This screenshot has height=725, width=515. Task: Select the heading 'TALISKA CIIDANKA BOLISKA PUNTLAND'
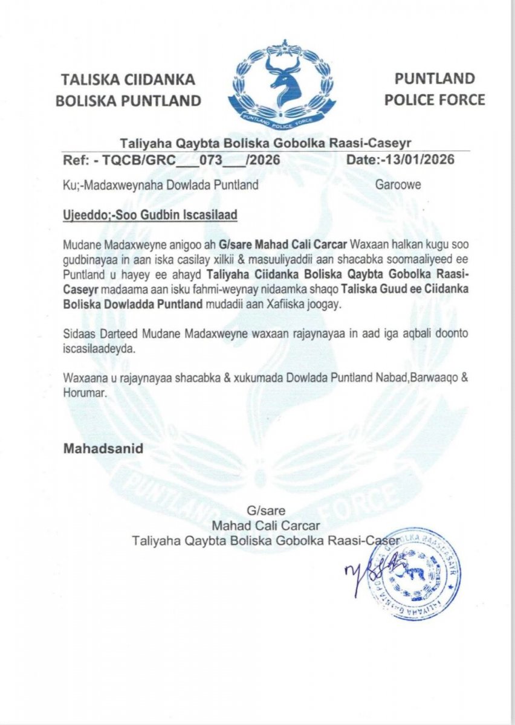(128, 89)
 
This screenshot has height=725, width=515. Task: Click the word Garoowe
(398, 185)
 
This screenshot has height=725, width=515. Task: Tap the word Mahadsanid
(103, 449)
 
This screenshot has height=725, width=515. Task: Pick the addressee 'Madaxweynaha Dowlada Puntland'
(169, 185)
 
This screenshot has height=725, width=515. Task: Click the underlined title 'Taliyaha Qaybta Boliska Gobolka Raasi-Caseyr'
(266, 144)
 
